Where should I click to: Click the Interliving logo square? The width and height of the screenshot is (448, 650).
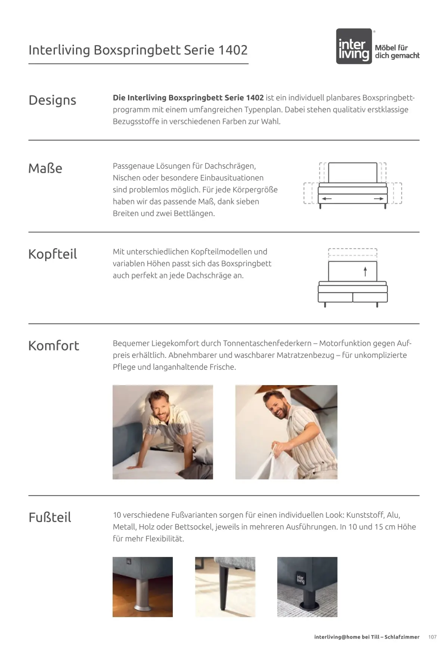pyautogui.click(x=354, y=46)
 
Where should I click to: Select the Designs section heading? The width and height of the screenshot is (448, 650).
pyautogui.click(x=52, y=100)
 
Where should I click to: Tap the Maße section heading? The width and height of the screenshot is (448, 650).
pyautogui.click(x=45, y=168)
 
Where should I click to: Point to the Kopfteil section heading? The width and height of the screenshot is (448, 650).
pyautogui.click(x=53, y=254)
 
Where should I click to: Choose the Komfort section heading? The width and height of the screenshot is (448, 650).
pyautogui.click(x=54, y=346)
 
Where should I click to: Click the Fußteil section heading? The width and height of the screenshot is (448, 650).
pyautogui.click(x=50, y=517)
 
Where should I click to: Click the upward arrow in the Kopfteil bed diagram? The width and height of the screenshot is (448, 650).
pyautogui.click(x=365, y=271)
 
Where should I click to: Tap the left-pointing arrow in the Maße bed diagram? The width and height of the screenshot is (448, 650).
pyautogui.click(x=327, y=199)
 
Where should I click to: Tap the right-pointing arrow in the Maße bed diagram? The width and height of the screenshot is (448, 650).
pyautogui.click(x=379, y=199)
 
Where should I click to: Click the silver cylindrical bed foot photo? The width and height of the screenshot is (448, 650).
pyautogui.click(x=143, y=587)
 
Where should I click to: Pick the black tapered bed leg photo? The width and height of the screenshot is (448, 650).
pyautogui.click(x=225, y=587)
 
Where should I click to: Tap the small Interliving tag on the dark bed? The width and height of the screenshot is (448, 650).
pyautogui.click(x=301, y=579)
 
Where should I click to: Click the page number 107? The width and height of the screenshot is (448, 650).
pyautogui.click(x=432, y=637)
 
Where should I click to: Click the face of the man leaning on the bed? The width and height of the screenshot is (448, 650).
pyautogui.click(x=161, y=409)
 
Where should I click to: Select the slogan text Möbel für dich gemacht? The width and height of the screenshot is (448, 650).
pyautogui.click(x=397, y=51)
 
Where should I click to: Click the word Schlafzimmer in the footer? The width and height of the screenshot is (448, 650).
pyautogui.click(x=402, y=637)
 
